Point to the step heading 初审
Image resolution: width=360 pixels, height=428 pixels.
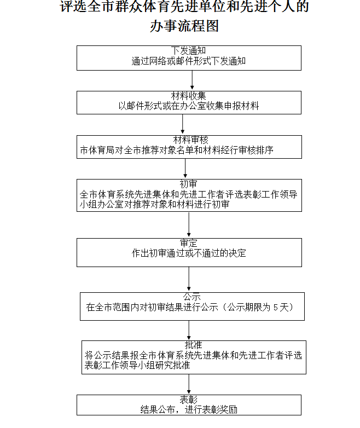[189, 184]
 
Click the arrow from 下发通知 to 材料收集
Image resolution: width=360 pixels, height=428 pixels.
[192, 80]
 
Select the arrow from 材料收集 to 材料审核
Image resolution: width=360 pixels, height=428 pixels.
[189, 124]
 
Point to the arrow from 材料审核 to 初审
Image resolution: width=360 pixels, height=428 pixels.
[185, 169]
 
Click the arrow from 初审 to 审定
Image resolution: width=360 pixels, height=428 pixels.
[189, 225]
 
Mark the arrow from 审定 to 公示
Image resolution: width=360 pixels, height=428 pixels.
[189, 280]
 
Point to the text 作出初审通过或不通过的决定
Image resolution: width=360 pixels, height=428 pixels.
[189, 253]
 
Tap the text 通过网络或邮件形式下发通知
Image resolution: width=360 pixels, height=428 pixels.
[189, 61]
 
